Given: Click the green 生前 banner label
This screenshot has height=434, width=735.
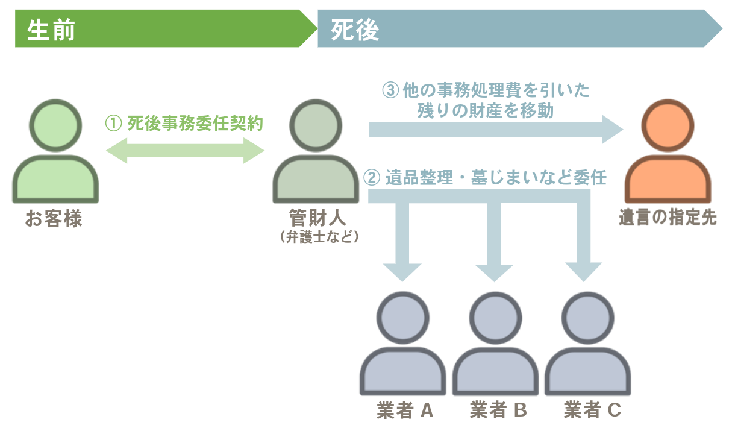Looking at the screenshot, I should click(51, 29).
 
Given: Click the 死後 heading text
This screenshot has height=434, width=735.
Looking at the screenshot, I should click(355, 29).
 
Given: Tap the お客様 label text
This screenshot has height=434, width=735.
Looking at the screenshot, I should click(54, 219).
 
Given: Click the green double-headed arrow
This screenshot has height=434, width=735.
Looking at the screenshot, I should click(185, 150).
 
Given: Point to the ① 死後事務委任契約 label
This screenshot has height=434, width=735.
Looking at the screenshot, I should click(184, 124).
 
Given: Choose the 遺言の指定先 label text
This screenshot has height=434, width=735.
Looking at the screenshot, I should click(668, 218).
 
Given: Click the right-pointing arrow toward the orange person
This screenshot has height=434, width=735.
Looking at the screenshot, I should click(494, 129).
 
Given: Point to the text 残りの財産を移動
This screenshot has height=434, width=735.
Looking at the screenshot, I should click(485, 111).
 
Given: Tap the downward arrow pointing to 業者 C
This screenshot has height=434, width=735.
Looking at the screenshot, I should click(583, 241).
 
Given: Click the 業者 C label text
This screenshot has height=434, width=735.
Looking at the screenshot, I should click(592, 410).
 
